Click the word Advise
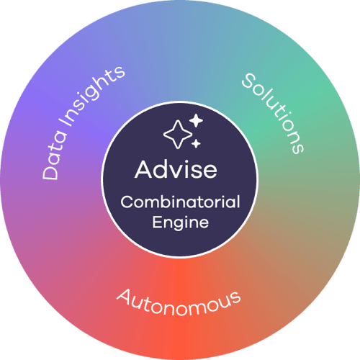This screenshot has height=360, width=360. (176, 169)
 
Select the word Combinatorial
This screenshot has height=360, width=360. (180, 202)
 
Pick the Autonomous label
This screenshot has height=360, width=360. (179, 302)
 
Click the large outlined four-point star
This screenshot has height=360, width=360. (178, 135)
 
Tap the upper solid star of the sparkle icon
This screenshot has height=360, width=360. (196, 120)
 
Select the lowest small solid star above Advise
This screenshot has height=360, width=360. (196, 143)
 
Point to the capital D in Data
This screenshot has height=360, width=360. (50, 171)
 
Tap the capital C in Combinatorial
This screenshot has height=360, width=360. (127, 202)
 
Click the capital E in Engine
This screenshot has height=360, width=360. (157, 222)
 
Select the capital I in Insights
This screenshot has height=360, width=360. (66, 122)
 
